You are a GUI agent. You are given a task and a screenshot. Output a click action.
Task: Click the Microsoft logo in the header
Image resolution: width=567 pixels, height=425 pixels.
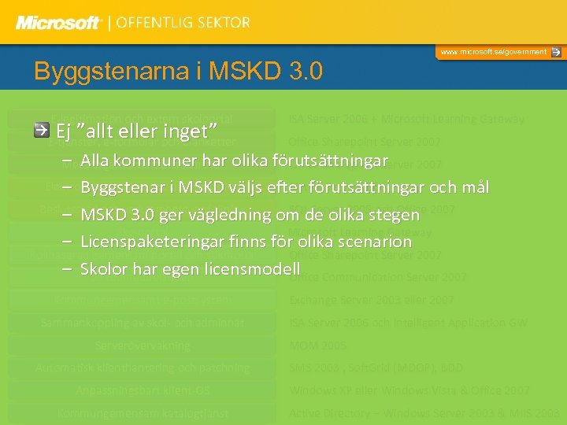point(58,22)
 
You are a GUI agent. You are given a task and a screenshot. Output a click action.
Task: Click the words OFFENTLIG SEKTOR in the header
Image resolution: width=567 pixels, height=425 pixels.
point(183,22)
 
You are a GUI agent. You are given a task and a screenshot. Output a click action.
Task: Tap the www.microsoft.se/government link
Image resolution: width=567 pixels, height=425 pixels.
point(493,52)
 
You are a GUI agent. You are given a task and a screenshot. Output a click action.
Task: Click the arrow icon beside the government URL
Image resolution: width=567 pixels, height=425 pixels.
point(556,52)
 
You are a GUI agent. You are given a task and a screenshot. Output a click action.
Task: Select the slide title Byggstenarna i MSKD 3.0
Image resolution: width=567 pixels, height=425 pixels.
point(178,72)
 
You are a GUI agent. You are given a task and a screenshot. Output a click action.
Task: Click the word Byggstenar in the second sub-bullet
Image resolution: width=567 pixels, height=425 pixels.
point(118,188)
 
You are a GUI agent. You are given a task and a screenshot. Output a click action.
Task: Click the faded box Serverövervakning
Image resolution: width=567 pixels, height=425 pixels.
point(143,346)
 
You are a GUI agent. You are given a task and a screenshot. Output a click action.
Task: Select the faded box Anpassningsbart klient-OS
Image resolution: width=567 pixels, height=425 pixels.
point(143,390)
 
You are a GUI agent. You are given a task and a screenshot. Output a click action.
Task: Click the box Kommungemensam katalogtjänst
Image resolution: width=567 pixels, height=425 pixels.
point(143,413)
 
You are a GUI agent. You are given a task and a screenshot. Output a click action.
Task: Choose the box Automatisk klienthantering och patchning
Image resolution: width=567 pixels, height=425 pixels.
point(143,368)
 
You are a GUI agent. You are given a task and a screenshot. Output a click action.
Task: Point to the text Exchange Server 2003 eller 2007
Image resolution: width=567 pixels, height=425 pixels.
point(371,300)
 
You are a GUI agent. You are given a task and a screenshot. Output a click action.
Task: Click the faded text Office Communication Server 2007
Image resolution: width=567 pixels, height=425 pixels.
point(377,277)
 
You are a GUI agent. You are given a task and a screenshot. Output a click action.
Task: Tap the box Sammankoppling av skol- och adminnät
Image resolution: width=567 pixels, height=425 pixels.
point(143,323)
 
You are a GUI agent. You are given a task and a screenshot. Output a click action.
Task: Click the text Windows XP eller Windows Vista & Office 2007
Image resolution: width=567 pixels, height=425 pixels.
point(409,390)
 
